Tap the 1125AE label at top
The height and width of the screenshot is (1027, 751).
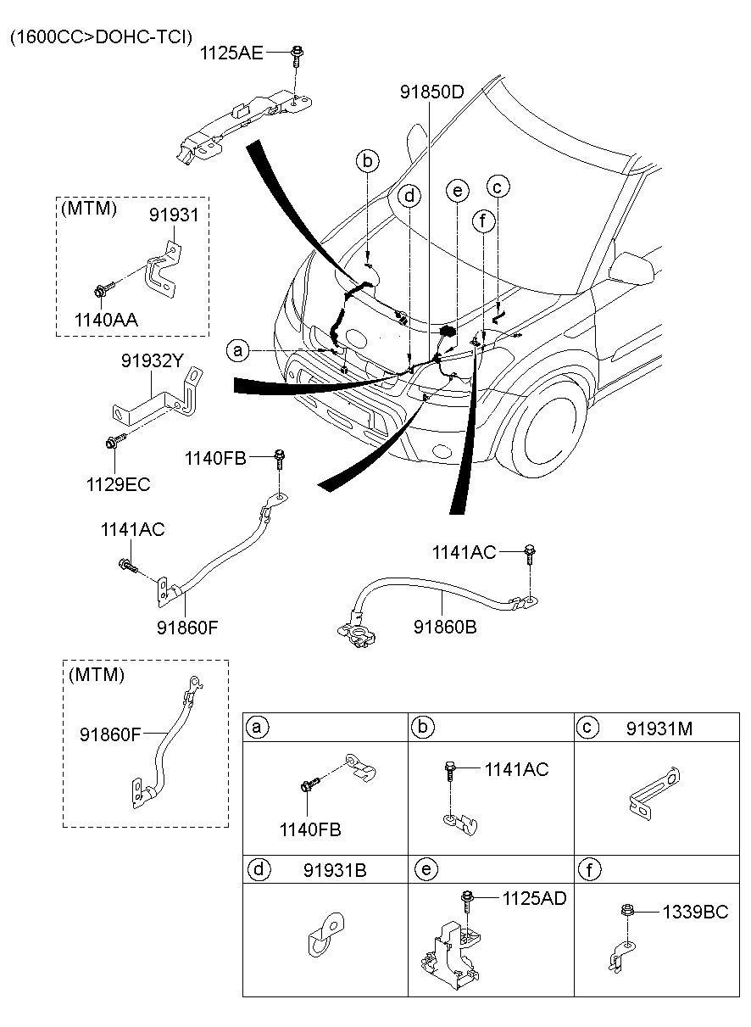(x=231, y=53)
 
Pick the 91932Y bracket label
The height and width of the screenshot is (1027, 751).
(x=151, y=362)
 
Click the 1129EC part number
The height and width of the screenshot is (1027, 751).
(x=117, y=484)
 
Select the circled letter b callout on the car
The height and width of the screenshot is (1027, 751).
(x=367, y=160)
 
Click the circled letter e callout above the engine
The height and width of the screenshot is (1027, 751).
(x=457, y=192)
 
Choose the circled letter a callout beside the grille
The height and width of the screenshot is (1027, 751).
(x=238, y=349)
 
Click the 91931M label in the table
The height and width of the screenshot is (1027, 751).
(x=660, y=728)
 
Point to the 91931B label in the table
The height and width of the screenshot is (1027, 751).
(x=335, y=869)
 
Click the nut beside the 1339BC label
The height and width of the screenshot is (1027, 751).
(x=628, y=912)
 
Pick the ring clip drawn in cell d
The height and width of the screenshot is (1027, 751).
(x=323, y=935)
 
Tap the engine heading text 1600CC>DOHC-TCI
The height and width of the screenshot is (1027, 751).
(x=101, y=36)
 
